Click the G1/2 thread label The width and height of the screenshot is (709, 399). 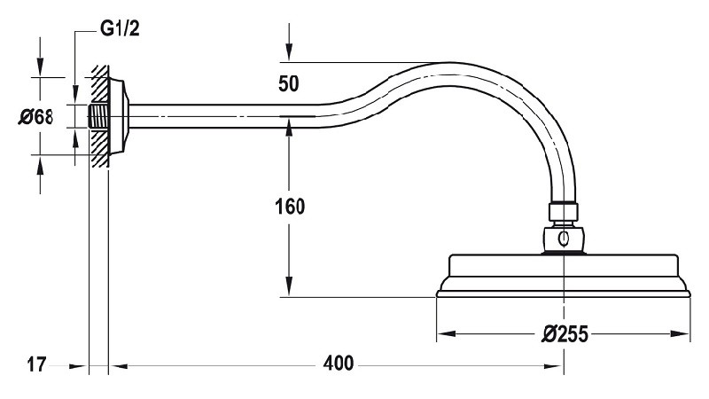(120, 29)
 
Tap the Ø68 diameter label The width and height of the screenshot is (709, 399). (35, 117)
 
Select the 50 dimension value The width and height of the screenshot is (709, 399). (289, 83)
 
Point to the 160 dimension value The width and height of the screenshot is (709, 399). (290, 207)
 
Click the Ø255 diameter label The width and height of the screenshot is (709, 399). (565, 334)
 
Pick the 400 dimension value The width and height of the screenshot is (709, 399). (339, 364)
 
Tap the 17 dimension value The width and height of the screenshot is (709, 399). (36, 364)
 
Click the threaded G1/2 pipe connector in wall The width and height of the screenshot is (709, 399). (98, 116)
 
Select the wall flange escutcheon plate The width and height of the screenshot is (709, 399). (119, 116)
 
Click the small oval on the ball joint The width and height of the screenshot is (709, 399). (564, 239)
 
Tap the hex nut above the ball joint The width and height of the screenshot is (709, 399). (564, 212)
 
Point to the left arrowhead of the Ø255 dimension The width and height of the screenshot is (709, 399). (446, 334)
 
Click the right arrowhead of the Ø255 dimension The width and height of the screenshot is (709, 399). (681, 334)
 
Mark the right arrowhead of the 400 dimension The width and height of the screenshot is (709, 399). (555, 366)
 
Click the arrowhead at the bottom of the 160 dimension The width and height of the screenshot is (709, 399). (290, 287)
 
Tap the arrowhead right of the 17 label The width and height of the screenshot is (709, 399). (78, 366)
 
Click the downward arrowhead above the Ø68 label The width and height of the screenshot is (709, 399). (40, 67)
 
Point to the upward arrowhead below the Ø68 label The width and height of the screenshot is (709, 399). (40, 165)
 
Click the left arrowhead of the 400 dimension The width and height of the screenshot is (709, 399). (118, 366)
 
